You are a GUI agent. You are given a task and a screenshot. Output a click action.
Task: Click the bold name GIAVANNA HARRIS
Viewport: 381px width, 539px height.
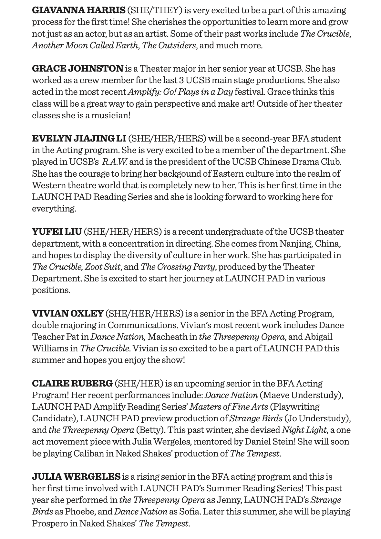tap(78, 10)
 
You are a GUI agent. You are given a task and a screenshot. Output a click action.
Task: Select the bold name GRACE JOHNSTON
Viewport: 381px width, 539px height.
tap(77, 68)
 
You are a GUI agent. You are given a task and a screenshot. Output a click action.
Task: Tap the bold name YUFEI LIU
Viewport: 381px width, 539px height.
tap(57, 231)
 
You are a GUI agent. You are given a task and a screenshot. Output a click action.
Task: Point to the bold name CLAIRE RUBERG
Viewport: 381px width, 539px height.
tap(72, 383)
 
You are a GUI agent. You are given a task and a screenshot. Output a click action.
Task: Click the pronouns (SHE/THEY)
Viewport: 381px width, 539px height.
tap(154, 10)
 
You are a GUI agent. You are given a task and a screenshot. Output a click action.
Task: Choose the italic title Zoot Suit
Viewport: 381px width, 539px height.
tap(103, 267)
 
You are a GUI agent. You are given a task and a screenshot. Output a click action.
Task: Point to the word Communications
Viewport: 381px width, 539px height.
tap(142, 325)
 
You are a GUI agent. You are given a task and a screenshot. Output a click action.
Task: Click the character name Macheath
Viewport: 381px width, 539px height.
tap(167, 337)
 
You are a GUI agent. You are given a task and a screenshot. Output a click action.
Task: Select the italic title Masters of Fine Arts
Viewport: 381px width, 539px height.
tap(229, 407)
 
